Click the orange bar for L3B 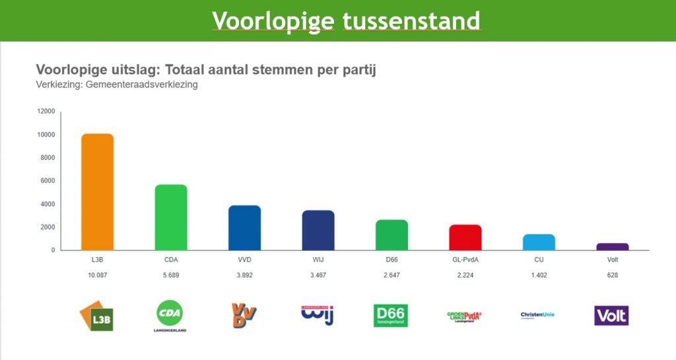point(98,192)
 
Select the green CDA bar point(171,217)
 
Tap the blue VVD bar point(245,228)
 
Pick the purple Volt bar point(613,246)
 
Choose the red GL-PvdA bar point(465,237)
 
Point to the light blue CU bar point(539,242)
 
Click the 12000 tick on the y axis point(46,112)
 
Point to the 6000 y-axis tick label point(48,181)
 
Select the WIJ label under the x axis point(318,260)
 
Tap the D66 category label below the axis point(391,260)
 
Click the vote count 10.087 point(98,275)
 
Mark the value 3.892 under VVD point(245,275)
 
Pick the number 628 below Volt point(613,275)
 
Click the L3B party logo point(96,316)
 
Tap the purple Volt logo point(611,315)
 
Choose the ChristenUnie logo point(537,315)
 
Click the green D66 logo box point(391,315)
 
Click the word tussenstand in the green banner point(411,21)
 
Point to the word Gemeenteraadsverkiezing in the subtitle point(142,85)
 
